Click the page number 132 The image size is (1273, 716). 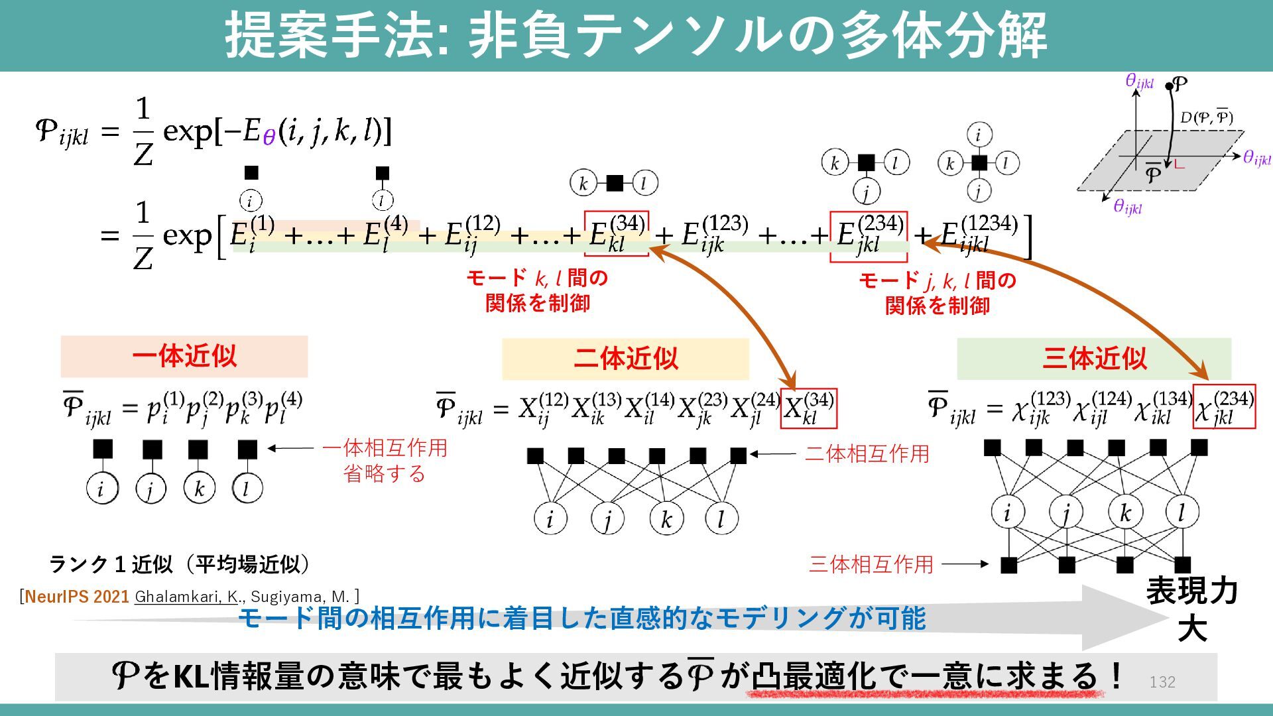pos(1162,682)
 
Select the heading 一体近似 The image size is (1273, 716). pos(184,356)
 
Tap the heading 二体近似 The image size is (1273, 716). pos(625,359)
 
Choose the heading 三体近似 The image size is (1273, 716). pos(1094,359)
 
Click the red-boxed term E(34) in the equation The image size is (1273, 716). pos(616,233)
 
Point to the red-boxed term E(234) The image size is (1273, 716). pos(869,236)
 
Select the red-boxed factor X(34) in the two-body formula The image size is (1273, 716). pos(808,408)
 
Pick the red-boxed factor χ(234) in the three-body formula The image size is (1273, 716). pos(1224,406)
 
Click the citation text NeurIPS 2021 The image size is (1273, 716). pos(77,597)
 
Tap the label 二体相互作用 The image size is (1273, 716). pos(867,454)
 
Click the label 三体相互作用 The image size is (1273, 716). pos(871,565)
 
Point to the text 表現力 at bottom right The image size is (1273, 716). pos(1191,591)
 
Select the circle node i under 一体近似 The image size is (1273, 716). pos(102,489)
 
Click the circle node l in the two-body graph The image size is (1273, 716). pos(721,518)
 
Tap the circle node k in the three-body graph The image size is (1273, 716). pos(1125,512)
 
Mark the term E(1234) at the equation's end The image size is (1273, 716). pos(979,235)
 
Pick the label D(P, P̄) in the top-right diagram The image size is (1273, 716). pos(1206,118)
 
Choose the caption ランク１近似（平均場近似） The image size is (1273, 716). pos(179,564)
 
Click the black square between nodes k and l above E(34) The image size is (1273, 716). pos(615,183)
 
